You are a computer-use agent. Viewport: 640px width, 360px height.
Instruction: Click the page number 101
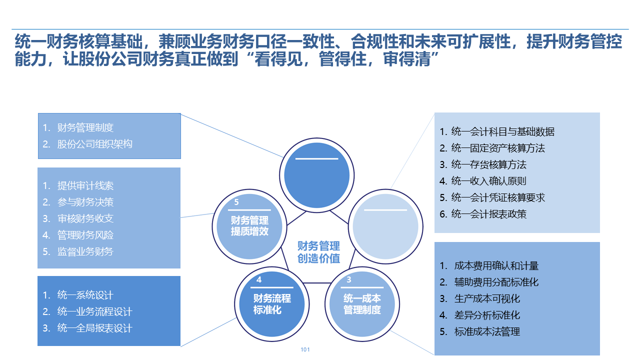point(305,349)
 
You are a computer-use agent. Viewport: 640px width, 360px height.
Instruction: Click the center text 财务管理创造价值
point(318,252)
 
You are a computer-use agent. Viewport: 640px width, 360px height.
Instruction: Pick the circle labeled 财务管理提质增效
point(249,226)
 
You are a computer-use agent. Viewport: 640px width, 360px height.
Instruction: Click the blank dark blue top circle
point(316,173)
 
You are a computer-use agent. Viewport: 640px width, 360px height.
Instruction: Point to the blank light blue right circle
point(385,226)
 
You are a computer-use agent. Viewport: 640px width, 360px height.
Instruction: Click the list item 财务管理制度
point(85,127)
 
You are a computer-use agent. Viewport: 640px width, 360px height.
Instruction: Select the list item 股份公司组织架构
point(94,144)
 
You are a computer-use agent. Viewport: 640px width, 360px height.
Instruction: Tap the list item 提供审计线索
point(85,185)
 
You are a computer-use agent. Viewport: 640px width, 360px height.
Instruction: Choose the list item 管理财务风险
point(85,235)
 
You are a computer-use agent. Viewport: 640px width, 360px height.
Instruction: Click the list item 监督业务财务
point(85,251)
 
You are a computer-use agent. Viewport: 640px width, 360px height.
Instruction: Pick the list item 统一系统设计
point(85,295)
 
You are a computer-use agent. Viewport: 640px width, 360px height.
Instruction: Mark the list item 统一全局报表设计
point(94,328)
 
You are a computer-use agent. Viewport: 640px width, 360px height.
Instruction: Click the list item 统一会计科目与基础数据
point(502,131)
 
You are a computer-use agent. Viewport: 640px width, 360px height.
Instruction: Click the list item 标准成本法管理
point(487,331)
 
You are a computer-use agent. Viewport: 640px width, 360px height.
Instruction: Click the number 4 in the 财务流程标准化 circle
point(259,280)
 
